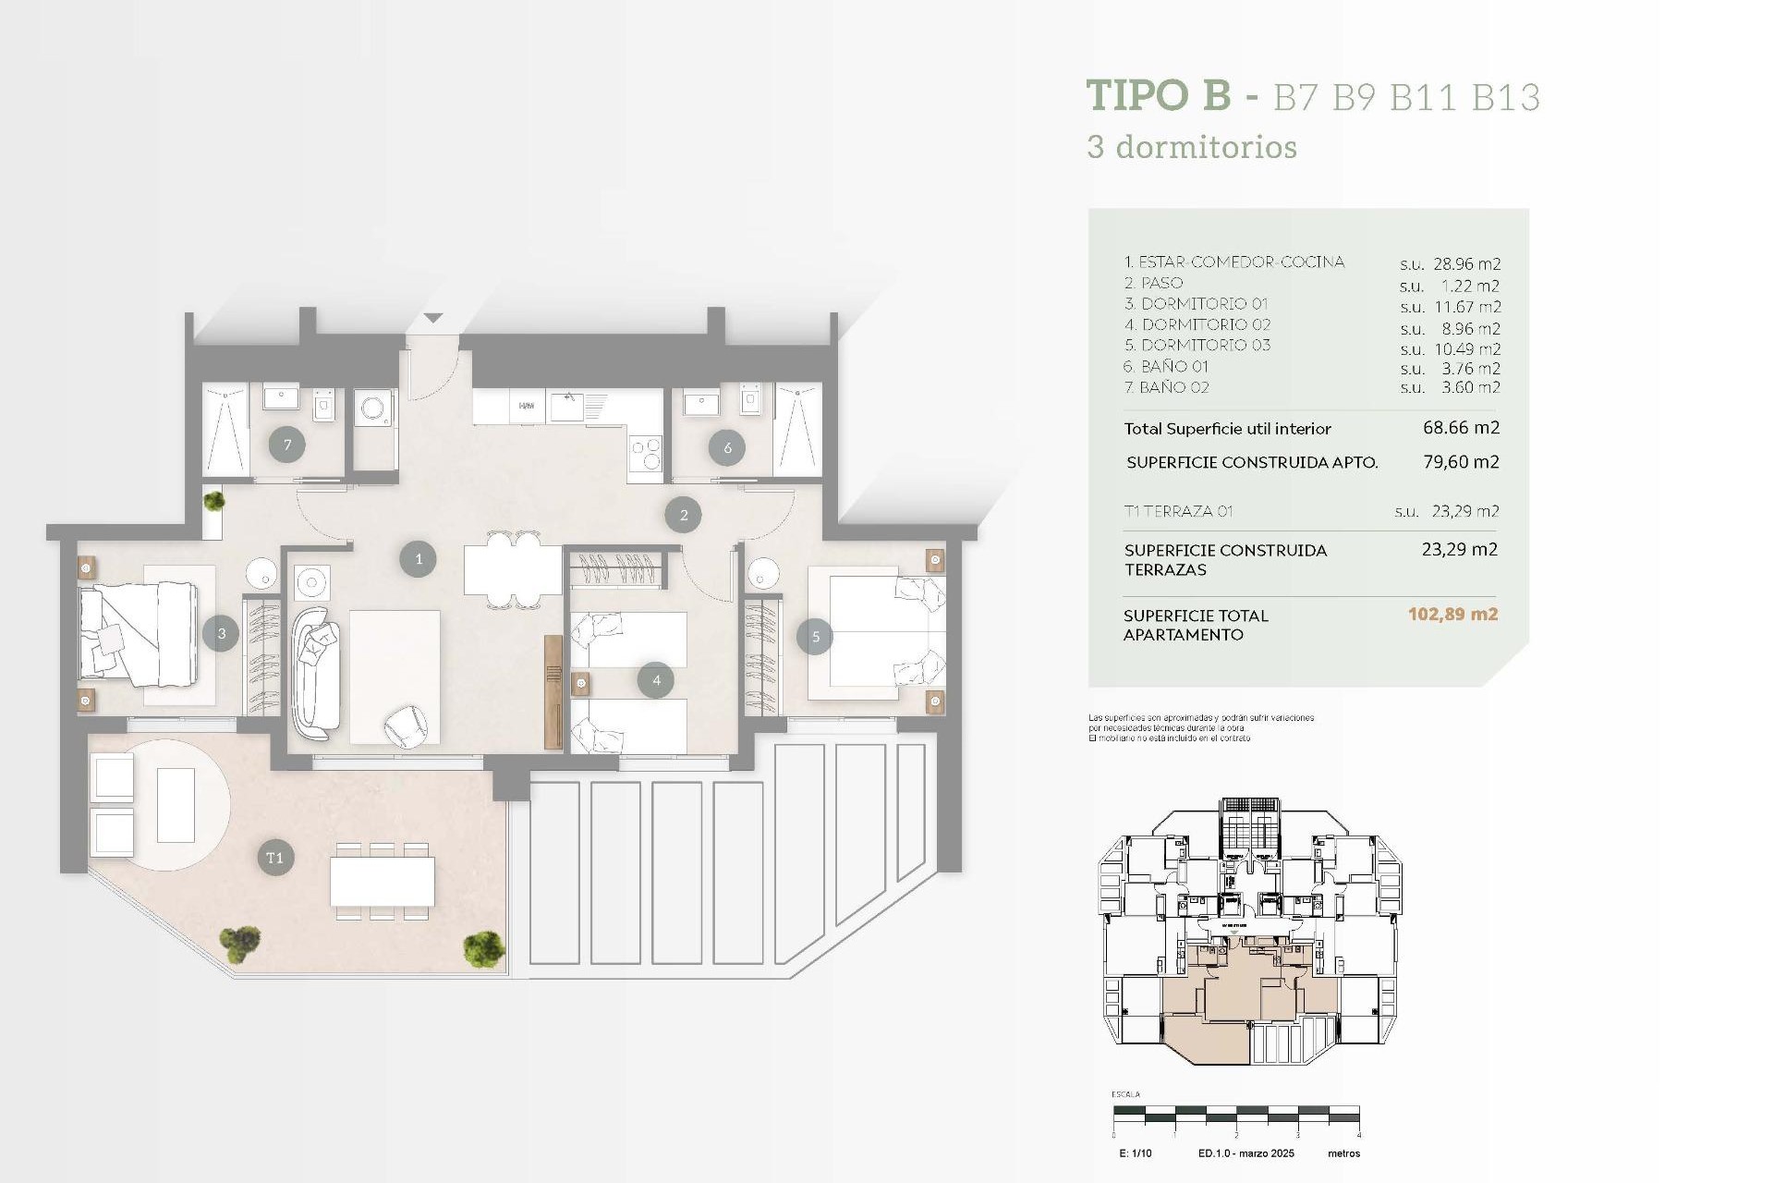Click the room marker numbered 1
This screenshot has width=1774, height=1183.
coord(418,559)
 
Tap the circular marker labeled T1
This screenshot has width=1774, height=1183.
coord(275,858)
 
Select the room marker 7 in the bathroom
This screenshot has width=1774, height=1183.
coord(287,445)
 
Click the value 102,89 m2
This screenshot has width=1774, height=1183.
coord(1452,615)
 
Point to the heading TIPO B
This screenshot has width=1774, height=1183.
coord(1159,95)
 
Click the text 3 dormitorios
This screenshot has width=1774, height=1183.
coord(1192,147)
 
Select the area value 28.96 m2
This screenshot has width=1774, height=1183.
coord(1466,264)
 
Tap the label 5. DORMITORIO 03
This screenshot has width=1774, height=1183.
coord(1197,345)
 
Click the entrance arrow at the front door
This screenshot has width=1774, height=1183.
coord(433,318)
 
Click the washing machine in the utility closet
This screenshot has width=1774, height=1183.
coord(374,408)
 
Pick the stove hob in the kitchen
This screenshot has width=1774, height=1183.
coord(645,453)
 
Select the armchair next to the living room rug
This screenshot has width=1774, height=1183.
coord(405,726)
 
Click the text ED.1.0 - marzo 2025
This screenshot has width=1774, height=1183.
coord(1245,1153)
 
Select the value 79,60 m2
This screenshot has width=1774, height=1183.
coord(1461,462)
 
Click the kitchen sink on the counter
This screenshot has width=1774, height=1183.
coord(567,407)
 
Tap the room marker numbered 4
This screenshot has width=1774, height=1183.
coord(656,680)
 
